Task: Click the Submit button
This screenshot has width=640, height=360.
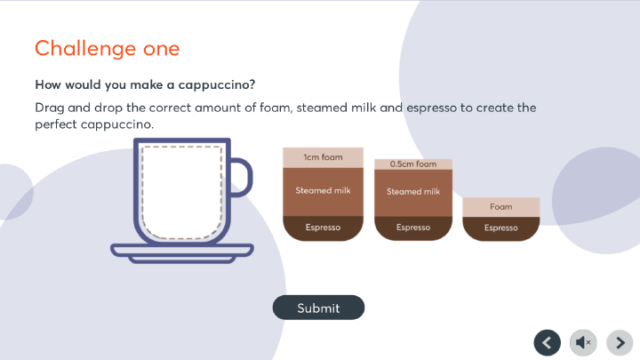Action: [318, 308]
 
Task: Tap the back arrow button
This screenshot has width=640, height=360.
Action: [547, 342]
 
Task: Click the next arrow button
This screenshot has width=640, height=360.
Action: [620, 342]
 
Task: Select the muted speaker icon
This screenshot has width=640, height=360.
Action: [583, 342]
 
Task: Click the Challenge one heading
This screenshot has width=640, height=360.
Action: [108, 49]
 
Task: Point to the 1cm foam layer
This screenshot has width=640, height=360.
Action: [323, 157]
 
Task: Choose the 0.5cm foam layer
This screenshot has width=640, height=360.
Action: [413, 164]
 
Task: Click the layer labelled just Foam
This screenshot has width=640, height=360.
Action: [500, 207]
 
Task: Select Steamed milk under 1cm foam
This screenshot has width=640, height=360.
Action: [323, 191]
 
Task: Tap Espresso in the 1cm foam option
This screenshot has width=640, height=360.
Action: [323, 228]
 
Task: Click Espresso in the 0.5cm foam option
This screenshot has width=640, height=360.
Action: [413, 228]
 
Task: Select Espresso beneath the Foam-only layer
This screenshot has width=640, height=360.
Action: [500, 228]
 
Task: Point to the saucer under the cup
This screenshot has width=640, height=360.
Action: [182, 253]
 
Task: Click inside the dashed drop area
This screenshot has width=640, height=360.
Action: [181, 192]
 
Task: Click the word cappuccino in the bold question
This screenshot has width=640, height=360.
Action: [217, 85]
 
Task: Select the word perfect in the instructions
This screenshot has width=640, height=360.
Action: [56, 124]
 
